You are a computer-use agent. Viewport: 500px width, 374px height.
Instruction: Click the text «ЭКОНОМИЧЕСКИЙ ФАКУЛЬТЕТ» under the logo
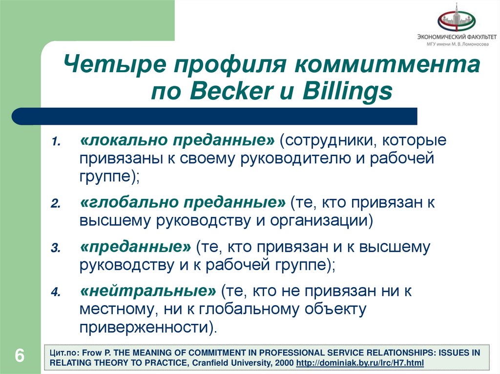click(x=456, y=37)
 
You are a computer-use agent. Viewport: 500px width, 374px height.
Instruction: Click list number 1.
click(x=56, y=142)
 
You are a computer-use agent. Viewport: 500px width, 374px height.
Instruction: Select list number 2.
click(x=56, y=204)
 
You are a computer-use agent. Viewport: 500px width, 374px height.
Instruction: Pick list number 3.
click(x=56, y=248)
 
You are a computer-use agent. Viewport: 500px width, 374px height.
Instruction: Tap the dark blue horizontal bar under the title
click(x=215, y=117)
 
